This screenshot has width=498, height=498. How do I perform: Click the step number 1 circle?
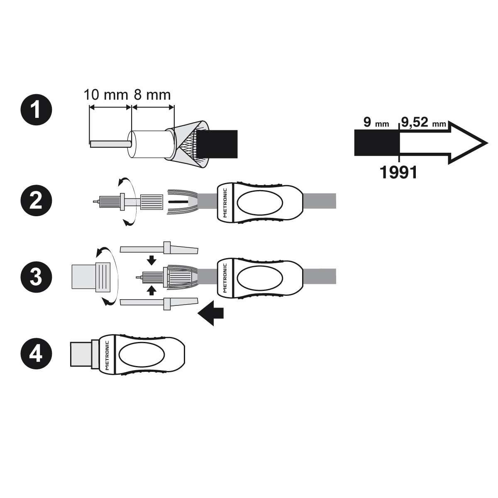[37, 110]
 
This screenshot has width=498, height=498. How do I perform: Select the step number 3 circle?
[37, 276]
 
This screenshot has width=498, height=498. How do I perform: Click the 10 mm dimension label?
[106, 95]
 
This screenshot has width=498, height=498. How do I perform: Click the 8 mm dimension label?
[152, 95]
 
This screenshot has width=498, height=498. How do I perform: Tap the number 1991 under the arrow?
[398, 172]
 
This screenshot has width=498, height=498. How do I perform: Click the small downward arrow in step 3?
[152, 261]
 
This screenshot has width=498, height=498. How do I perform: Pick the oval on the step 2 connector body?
[259, 203]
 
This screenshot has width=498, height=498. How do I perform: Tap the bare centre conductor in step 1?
[110, 144]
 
